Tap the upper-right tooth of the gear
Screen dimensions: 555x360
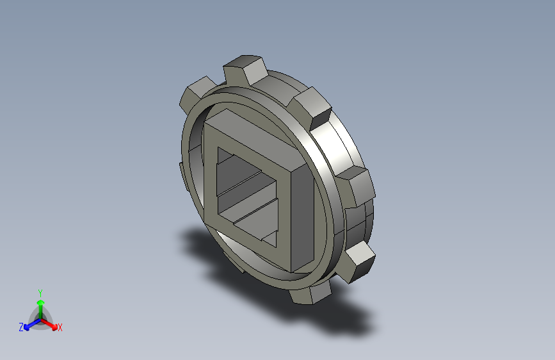pyautogui.click(x=312, y=108)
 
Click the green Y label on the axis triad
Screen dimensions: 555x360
pyautogui.click(x=40, y=293)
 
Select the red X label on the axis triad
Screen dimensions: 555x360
pyautogui.click(x=60, y=328)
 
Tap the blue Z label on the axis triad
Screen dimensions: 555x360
pyautogui.click(x=21, y=327)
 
